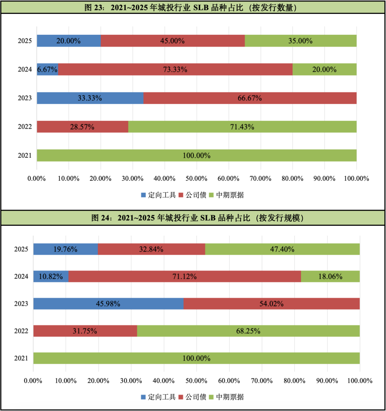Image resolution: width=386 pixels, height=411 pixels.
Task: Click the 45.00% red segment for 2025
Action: (173, 41)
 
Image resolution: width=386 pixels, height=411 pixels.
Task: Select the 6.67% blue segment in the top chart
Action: (48, 69)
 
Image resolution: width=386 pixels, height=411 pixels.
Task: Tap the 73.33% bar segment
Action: (175, 69)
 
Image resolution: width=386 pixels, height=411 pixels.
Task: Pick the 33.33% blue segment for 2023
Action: (90, 98)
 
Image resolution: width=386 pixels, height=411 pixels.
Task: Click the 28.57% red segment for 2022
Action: (82, 127)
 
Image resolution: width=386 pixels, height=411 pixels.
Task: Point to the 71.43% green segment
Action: (242, 127)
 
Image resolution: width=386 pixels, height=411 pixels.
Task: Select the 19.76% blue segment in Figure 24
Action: (65, 249)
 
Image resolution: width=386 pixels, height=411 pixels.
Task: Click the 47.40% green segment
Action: (282, 249)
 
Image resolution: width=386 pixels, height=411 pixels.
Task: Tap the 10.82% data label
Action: (51, 277)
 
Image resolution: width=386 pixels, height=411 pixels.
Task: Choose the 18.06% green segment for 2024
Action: (330, 277)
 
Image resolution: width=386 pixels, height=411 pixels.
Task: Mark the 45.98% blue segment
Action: (108, 304)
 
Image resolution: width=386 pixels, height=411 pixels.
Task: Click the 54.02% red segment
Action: (272, 304)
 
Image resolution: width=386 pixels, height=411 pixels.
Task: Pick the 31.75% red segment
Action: (85, 331)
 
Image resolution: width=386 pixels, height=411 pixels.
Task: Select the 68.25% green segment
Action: (248, 331)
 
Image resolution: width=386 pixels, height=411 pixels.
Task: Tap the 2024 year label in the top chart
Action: (25, 69)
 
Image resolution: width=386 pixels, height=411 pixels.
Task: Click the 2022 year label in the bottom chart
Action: (21, 331)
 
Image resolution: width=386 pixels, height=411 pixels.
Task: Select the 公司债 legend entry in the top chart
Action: (193, 195)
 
